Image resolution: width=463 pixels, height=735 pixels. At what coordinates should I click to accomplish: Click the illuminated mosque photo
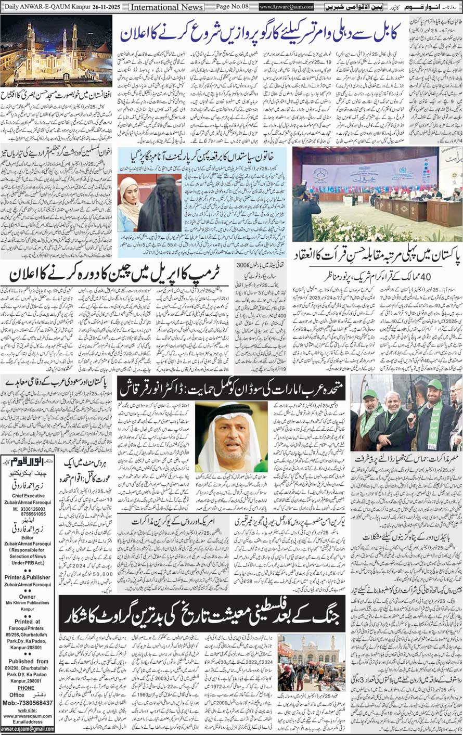click(x=57, y=50)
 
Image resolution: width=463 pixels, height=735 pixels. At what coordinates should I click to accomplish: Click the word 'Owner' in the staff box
click(x=28, y=597)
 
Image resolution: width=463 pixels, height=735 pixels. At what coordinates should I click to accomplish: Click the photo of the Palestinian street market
click(x=312, y=662)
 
